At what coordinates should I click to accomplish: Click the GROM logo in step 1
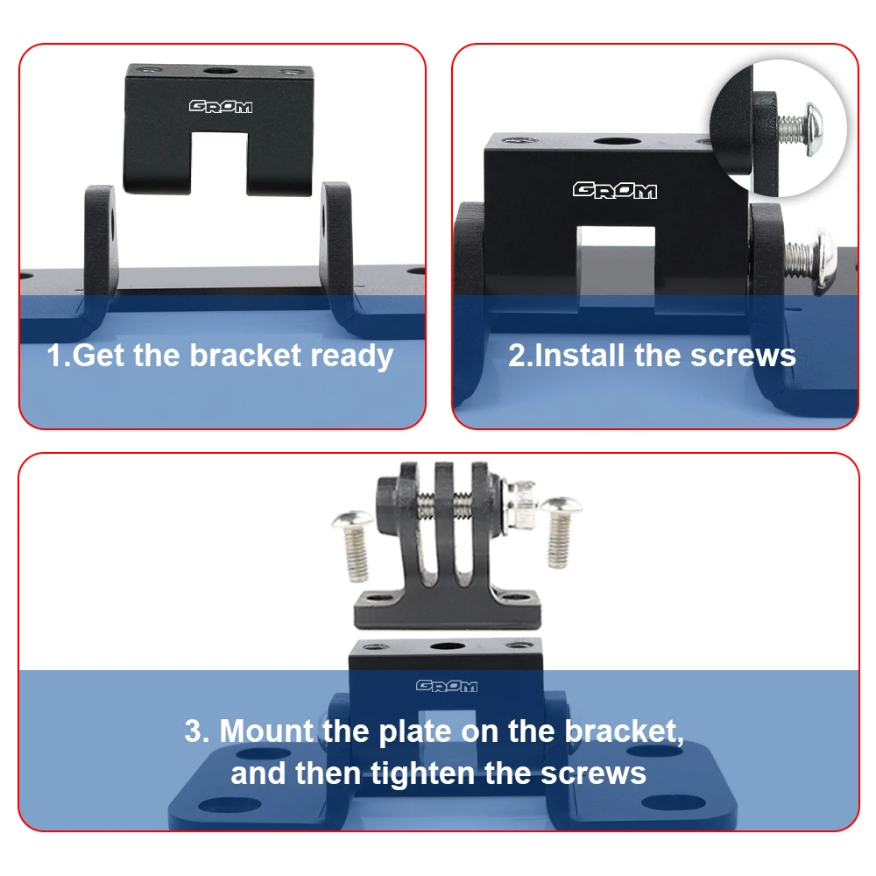pyautogui.click(x=221, y=106)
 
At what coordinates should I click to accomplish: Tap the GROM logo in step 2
pyautogui.click(x=615, y=190)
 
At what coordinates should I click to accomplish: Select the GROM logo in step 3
pyautogui.click(x=447, y=686)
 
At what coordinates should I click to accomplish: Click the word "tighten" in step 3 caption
pyautogui.click(x=423, y=774)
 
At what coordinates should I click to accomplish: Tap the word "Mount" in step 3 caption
pyautogui.click(x=266, y=731)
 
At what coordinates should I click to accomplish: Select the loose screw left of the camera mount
pyautogui.click(x=353, y=545)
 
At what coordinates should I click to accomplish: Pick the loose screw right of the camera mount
pyautogui.click(x=560, y=532)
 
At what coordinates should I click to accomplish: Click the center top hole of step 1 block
pyautogui.click(x=219, y=71)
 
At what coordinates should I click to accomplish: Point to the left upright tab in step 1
pyautogui.click(x=101, y=243)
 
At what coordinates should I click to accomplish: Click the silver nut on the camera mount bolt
pyautogui.click(x=521, y=506)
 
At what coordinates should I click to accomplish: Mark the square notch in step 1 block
pyautogui.click(x=219, y=163)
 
